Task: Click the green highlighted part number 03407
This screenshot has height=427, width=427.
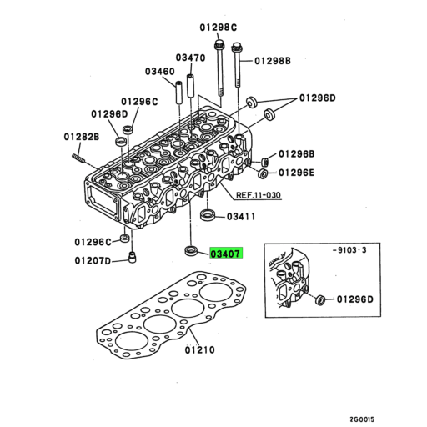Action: coord(225,252)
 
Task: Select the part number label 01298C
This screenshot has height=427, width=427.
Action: coord(218,27)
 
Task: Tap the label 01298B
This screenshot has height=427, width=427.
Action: coord(273,61)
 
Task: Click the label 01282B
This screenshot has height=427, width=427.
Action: coord(81,136)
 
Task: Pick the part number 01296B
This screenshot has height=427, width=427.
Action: coord(296,154)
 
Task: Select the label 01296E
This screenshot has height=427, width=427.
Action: coord(296,173)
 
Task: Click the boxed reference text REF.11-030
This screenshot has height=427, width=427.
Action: coord(259,197)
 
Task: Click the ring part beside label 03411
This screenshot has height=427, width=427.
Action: coord(210,218)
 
